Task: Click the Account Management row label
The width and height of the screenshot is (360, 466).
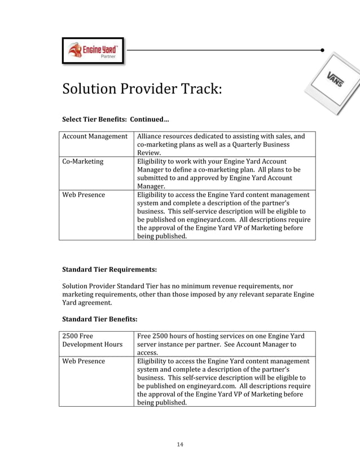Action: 95,136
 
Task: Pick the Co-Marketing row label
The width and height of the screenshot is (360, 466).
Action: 83,161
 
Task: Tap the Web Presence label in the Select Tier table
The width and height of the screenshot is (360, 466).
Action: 84,195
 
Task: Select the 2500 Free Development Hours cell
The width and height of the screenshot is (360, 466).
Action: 92,340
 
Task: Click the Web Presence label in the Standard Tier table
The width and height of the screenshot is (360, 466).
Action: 84,361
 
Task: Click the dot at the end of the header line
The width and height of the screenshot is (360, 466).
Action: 322,50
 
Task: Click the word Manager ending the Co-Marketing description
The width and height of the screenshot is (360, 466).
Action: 151,186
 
